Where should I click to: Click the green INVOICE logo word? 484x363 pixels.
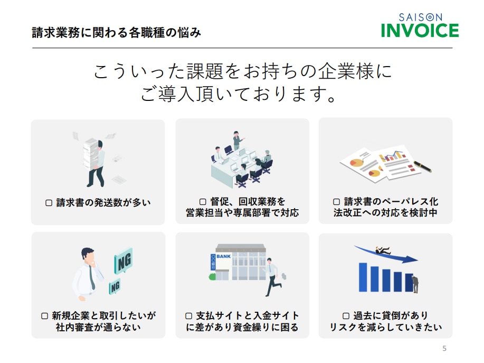coord(420,30)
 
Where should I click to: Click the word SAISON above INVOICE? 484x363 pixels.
coord(421,17)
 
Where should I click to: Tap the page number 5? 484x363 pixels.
coord(444,349)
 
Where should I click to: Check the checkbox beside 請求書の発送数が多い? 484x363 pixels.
coord(49,203)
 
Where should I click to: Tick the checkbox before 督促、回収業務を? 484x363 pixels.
coord(203,202)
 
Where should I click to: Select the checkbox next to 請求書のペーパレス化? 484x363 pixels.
coord(336,202)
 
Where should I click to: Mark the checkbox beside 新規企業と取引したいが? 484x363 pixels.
coord(44,316)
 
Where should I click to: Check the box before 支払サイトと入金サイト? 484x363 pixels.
coord(188,316)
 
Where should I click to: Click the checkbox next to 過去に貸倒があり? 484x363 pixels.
coord(346,316)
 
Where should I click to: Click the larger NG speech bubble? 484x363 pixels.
coord(124,260)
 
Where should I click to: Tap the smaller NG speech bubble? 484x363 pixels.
coord(115,286)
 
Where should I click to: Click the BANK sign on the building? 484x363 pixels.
coord(223,256)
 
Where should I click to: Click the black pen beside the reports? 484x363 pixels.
coord(423,166)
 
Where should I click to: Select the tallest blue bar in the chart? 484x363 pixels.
coord(363,277)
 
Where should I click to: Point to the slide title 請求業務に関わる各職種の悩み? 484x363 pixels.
coord(116,32)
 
